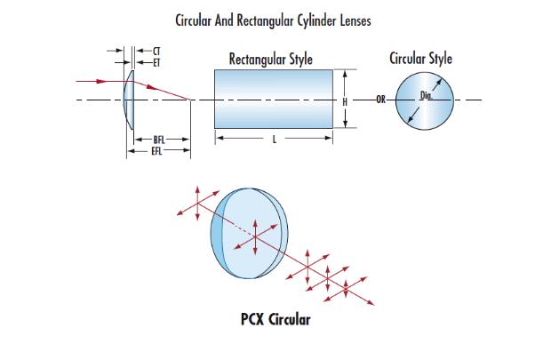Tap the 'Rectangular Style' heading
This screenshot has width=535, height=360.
pos(270,60)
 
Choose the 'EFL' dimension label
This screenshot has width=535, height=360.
pos(158,150)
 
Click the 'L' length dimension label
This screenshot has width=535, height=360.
pos(273,139)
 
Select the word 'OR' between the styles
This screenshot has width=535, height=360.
pos(380,100)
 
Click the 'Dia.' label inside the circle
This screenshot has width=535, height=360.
pos(427,92)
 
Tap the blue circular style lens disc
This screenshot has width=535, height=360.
pos(423,100)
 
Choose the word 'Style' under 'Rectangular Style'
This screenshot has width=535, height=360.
pos(299,60)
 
